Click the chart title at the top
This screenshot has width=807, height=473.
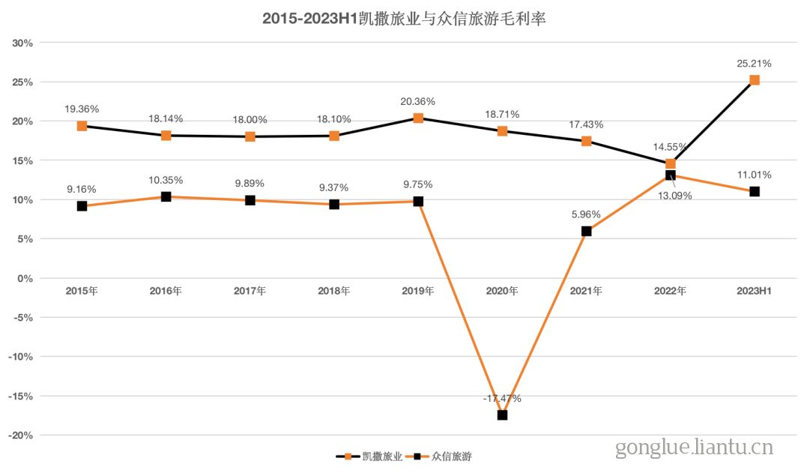(404, 19)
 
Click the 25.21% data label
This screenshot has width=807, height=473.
(754, 64)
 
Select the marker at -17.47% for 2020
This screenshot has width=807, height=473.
(502, 415)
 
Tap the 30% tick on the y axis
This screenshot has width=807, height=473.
(22, 43)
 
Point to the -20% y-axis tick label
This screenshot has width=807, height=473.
(20, 435)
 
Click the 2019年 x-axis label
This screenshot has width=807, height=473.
(418, 291)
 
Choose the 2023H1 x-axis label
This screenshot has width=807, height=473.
(754, 291)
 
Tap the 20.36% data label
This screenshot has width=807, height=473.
(418, 101)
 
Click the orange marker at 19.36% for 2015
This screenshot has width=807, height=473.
(82, 126)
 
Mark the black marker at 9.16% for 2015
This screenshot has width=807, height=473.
(82, 206)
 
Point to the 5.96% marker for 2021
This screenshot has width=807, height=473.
(586, 231)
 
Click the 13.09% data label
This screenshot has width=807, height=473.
(675, 196)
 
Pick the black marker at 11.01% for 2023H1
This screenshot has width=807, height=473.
(754, 192)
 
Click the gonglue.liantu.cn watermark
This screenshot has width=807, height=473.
(694, 448)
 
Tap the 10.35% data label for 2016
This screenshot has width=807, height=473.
(166, 180)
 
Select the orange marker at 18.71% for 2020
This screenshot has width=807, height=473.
(502, 131)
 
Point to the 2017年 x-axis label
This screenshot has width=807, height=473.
(250, 291)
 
